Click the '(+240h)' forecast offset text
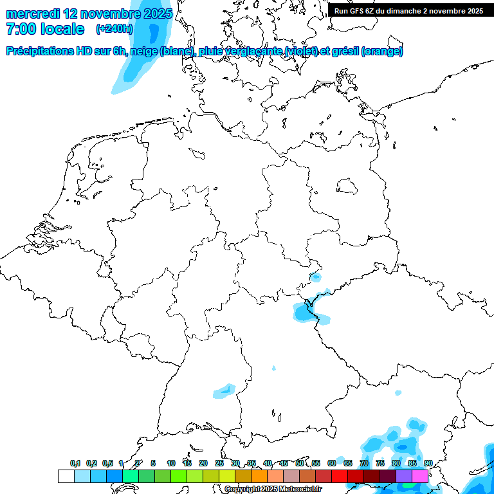[114, 28]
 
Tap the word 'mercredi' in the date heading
[33, 13]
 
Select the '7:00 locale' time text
[45, 29]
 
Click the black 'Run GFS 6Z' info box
[408, 10]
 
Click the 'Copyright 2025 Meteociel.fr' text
[273, 489]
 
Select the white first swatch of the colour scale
[66, 476]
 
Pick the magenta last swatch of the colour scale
[420, 476]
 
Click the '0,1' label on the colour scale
[75, 463]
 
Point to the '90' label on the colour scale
[428, 463]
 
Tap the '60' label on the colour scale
[332, 463]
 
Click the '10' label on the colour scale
[171, 463]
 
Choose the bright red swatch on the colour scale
[340, 476]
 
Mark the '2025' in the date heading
[157, 13]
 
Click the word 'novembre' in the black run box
[448, 10]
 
